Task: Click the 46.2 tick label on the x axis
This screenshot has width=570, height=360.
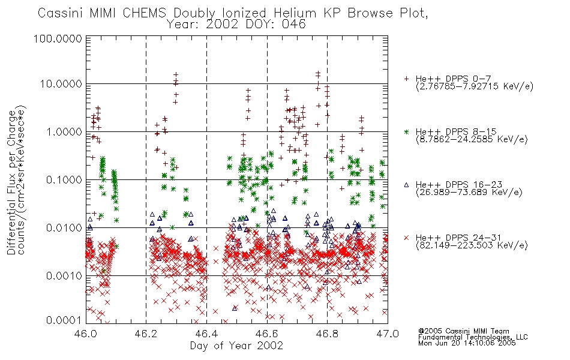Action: (x=146, y=334)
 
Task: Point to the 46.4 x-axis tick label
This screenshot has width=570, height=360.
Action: (x=206, y=334)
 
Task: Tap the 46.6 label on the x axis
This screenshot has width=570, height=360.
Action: (x=267, y=334)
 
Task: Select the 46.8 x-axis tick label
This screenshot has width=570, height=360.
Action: (x=327, y=334)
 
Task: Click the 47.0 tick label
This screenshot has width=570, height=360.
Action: (x=388, y=334)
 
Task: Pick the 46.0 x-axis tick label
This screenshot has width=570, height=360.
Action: (x=86, y=334)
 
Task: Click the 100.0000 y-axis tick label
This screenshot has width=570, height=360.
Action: (x=58, y=38)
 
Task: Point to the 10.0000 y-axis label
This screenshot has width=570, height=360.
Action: (x=61, y=84)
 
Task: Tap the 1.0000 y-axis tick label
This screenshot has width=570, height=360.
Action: (x=64, y=131)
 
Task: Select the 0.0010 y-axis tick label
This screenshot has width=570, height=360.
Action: (x=64, y=276)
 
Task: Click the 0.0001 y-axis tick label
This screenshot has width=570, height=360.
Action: (x=64, y=320)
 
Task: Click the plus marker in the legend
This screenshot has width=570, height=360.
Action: (x=406, y=79)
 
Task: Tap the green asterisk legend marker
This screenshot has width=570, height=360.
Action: (x=406, y=131)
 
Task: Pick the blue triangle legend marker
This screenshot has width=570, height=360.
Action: (x=406, y=185)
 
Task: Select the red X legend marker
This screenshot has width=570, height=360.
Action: (x=406, y=238)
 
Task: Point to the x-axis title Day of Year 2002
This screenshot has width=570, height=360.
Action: (x=236, y=346)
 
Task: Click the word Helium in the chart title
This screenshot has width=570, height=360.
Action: (x=295, y=13)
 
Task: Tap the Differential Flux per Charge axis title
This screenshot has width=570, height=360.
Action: (x=11, y=182)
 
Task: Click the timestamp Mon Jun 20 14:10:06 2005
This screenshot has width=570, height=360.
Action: (x=467, y=343)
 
